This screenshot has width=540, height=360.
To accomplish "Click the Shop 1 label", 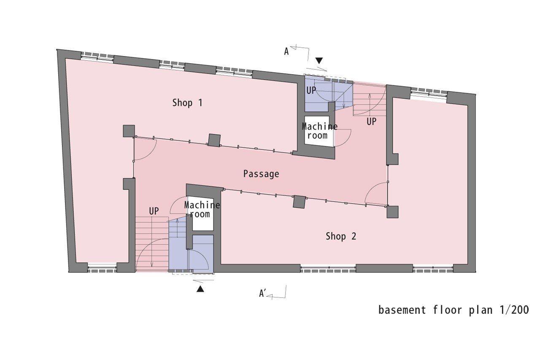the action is [x=187, y=103].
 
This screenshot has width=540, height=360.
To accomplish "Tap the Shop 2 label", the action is [x=341, y=236].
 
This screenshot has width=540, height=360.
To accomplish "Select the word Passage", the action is [x=261, y=174].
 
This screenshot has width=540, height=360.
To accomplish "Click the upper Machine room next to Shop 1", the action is [x=319, y=131].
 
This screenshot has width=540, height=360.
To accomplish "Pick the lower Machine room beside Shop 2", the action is [x=202, y=209].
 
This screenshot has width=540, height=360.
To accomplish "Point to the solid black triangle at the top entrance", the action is [x=319, y=60].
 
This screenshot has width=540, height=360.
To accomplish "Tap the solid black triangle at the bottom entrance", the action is [x=200, y=289].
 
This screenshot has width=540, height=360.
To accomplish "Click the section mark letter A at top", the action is [x=286, y=51].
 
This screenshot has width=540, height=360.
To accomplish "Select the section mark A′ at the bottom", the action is [x=262, y=293].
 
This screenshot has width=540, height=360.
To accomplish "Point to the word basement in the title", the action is [x=402, y=310].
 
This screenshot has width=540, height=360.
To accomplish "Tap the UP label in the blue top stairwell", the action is [x=311, y=90].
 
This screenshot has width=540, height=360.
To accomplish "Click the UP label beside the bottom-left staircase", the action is [x=154, y=211].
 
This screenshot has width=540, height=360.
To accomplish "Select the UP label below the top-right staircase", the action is [x=371, y=122].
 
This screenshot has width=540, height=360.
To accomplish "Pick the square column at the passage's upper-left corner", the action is [x=129, y=131].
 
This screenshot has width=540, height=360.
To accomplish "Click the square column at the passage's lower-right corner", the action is [x=392, y=212].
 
